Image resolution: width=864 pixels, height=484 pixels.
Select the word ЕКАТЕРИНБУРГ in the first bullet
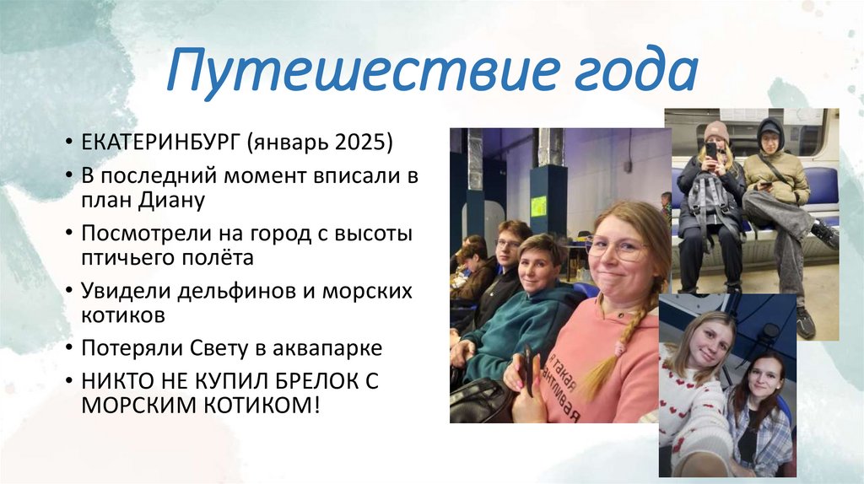[x=160, y=141]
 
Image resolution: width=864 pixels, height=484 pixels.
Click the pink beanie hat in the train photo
[x=716, y=132]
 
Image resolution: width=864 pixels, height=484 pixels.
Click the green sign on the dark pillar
[x=537, y=203]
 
